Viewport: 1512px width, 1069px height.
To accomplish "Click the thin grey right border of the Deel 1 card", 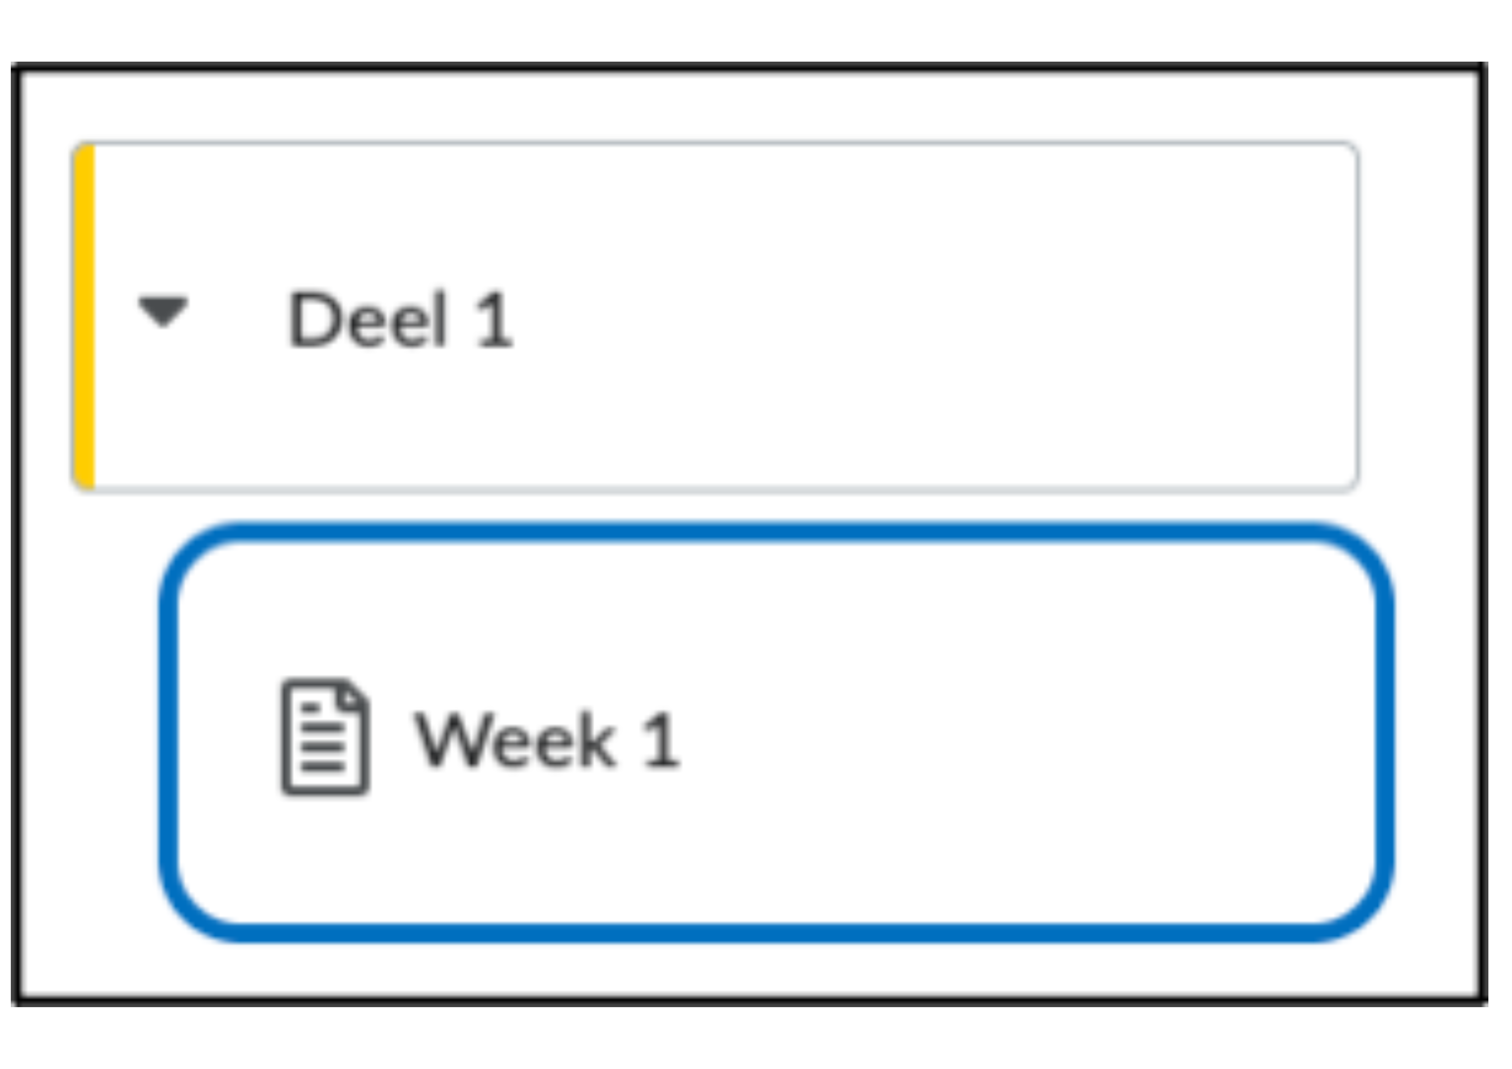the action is click(1357, 316).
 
